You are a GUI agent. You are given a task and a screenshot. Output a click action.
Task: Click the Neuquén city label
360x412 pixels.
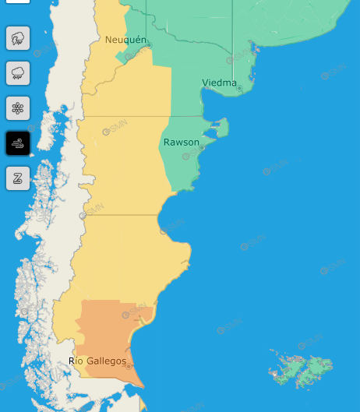click(x=126, y=39)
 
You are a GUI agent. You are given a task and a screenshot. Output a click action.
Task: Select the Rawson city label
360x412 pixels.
click(x=181, y=142)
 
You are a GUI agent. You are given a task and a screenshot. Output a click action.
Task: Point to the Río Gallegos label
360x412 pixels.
click(x=97, y=361)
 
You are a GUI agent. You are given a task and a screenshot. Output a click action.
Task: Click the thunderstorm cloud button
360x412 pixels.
click(x=18, y=37)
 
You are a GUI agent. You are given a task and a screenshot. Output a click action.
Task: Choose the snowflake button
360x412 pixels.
click(x=18, y=107)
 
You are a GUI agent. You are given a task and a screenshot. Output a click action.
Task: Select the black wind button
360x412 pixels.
click(x=18, y=143)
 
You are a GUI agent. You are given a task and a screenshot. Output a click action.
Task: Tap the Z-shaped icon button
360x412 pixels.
click(x=18, y=178)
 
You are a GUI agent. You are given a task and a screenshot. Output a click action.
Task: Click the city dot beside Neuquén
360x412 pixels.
click(x=150, y=45)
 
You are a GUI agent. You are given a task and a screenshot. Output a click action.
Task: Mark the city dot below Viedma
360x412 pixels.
click(x=239, y=88)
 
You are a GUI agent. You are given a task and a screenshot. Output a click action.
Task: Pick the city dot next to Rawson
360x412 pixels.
click(x=202, y=147)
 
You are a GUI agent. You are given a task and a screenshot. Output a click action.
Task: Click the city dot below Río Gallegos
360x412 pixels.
click(x=129, y=367)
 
